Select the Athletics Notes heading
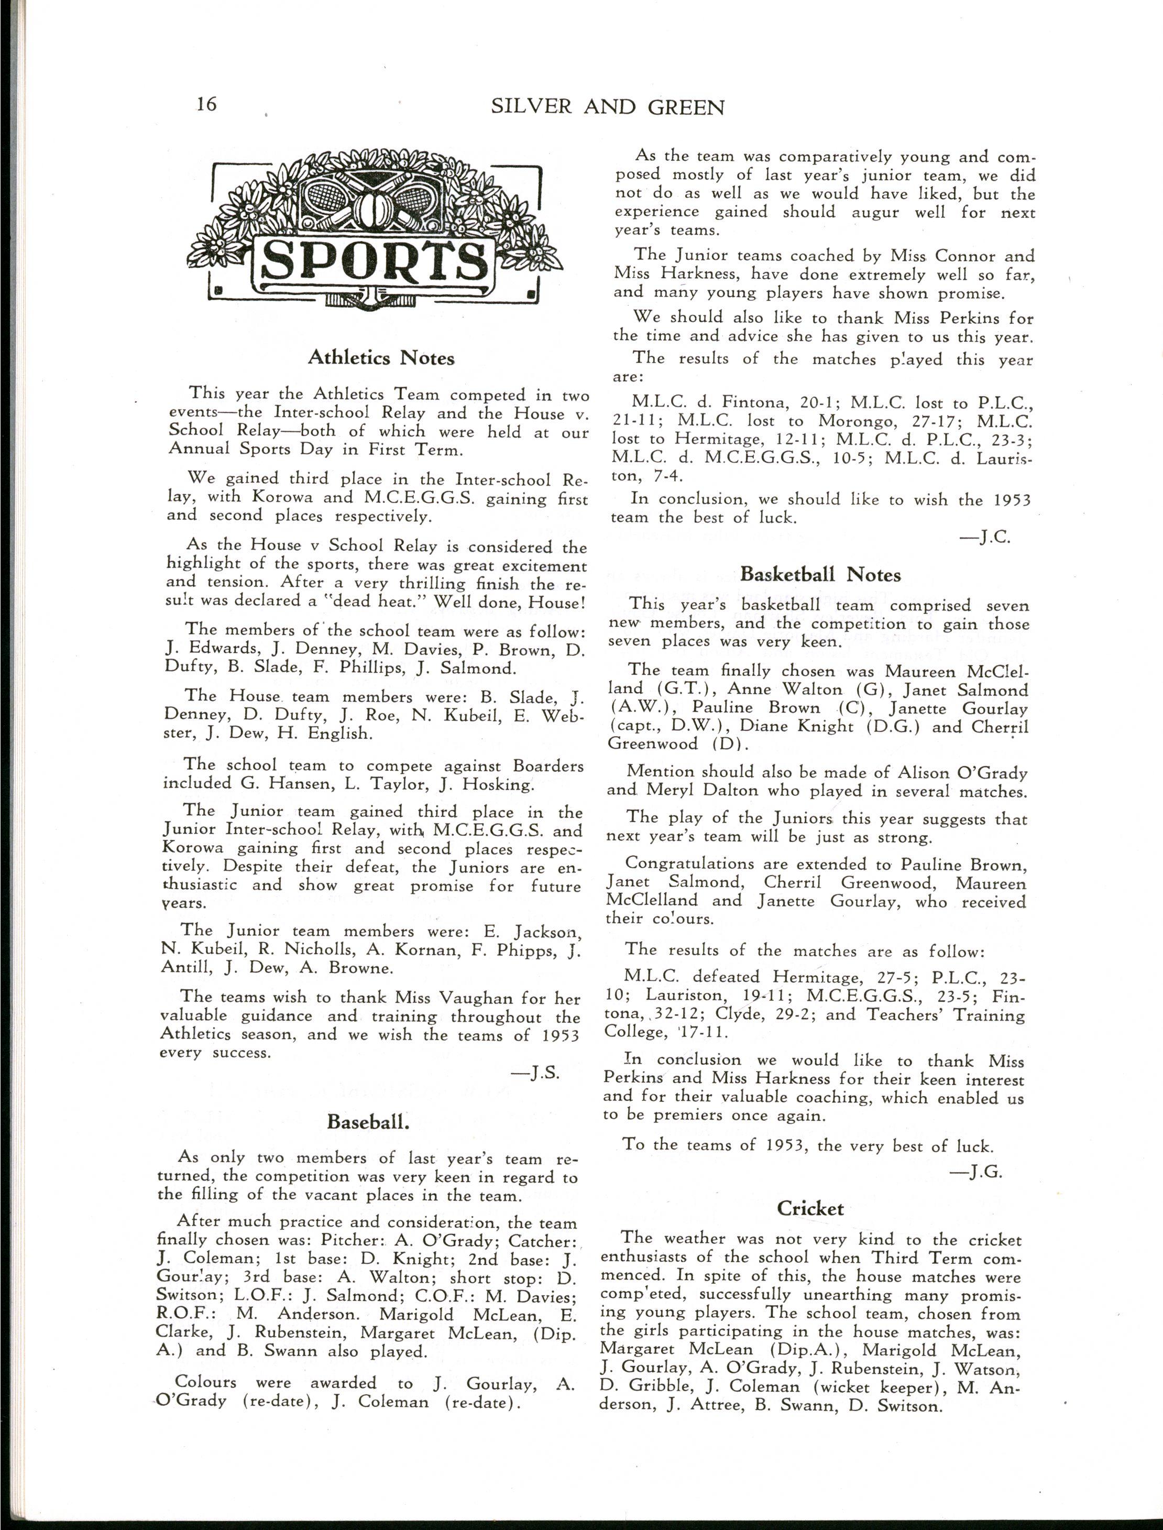click(x=381, y=358)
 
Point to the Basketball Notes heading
click(x=820, y=575)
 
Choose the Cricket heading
click(x=810, y=1209)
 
